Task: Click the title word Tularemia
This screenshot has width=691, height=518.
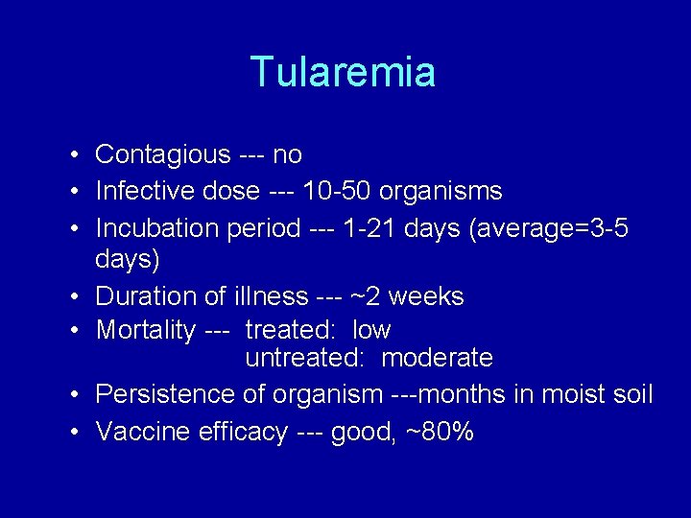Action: click(x=343, y=72)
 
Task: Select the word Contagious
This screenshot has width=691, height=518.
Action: click(x=163, y=154)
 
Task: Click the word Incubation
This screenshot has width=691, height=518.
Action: click(x=158, y=229)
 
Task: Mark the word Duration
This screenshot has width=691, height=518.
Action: click(x=145, y=296)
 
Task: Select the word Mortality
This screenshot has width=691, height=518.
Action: click(x=146, y=331)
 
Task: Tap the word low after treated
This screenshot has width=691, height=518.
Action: click(x=371, y=331)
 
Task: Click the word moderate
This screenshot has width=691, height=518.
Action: click(x=437, y=359)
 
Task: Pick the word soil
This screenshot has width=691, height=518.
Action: click(x=629, y=394)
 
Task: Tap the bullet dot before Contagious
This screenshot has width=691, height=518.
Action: click(x=74, y=155)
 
